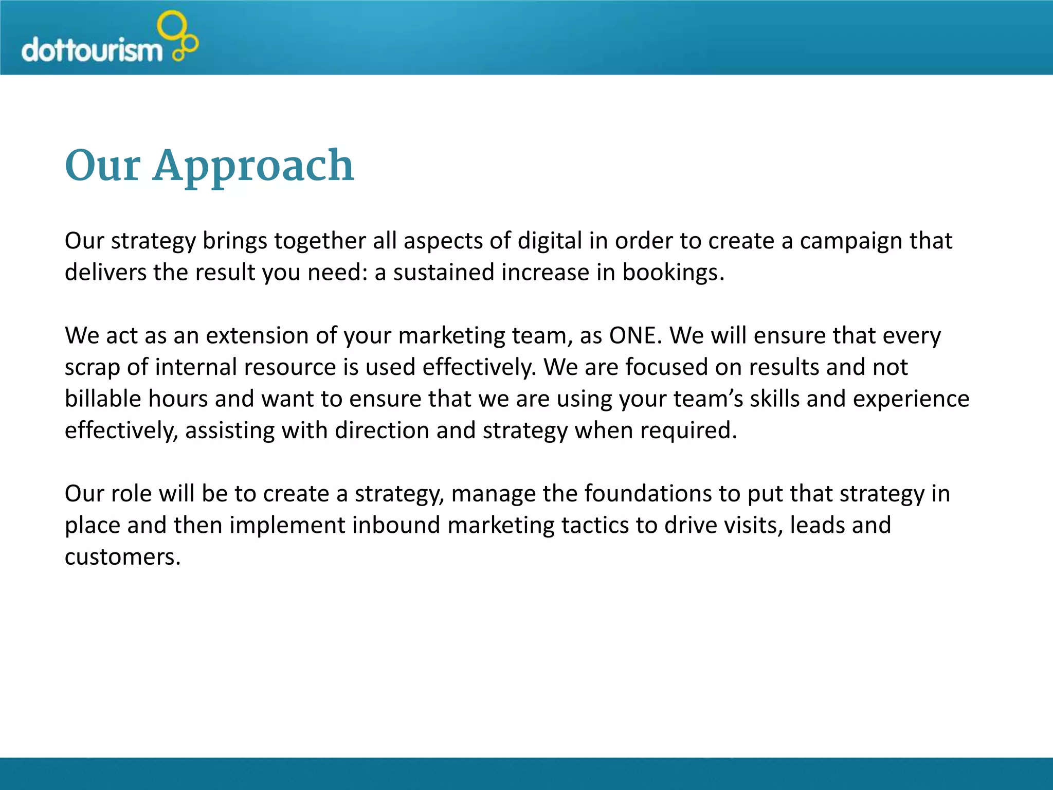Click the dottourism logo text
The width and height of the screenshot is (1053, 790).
[x=92, y=50]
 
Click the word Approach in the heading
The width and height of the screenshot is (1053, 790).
[x=253, y=166]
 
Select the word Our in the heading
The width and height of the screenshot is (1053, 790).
[x=102, y=166]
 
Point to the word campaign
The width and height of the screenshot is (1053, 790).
[x=850, y=241]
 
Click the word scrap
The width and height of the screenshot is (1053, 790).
[x=92, y=367]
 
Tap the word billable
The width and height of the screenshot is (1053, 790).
[x=102, y=399]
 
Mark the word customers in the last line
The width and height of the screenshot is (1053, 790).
[x=122, y=557]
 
